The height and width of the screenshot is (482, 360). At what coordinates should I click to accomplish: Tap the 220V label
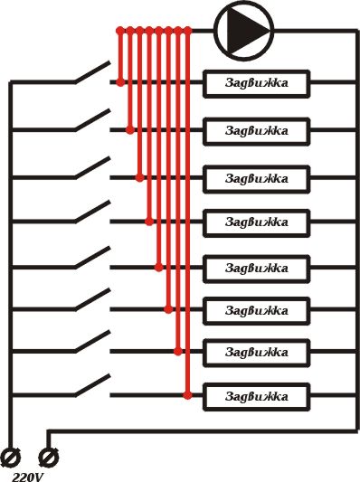tap(29, 474)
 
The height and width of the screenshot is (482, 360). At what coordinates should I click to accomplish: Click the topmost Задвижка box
tap(256, 84)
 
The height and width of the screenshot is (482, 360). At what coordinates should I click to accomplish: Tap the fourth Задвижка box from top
tap(256, 222)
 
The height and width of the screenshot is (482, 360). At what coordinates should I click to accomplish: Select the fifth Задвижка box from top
tap(256, 269)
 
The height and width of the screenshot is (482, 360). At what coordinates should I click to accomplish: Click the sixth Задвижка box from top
tap(256, 310)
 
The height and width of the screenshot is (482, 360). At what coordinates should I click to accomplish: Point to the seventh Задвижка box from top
tap(256, 352)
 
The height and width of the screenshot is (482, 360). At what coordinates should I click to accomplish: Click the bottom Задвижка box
tap(256, 396)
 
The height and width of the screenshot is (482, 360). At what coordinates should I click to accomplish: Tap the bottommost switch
tap(92, 387)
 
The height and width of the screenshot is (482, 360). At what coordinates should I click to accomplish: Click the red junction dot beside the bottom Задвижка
tap(187, 395)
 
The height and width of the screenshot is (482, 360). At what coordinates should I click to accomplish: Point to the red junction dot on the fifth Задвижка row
tap(159, 268)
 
